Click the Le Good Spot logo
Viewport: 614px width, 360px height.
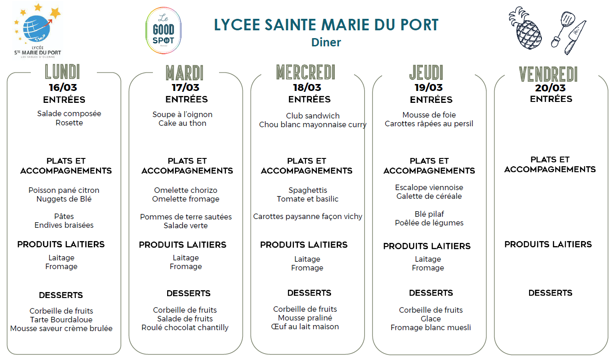click(163, 31)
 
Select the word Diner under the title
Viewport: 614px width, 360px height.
click(326, 42)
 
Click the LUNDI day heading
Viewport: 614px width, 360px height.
click(62, 72)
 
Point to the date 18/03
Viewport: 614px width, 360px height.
click(307, 87)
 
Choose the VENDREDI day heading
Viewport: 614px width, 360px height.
click(548, 74)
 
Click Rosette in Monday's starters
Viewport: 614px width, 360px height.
click(69, 123)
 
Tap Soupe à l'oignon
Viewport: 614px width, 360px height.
click(182, 114)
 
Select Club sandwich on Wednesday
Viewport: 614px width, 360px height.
click(313, 116)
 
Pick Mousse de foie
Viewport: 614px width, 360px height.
click(429, 115)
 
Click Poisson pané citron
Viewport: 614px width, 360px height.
click(64, 190)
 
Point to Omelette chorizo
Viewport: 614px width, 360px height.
click(186, 190)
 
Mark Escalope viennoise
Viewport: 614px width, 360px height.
click(429, 187)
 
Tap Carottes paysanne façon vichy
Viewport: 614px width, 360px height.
click(308, 216)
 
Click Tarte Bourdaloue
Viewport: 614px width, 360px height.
click(61, 320)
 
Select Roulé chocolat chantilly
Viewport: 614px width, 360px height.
click(185, 327)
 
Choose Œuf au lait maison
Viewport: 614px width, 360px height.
click(305, 326)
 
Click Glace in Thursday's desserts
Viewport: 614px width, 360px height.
click(431, 319)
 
